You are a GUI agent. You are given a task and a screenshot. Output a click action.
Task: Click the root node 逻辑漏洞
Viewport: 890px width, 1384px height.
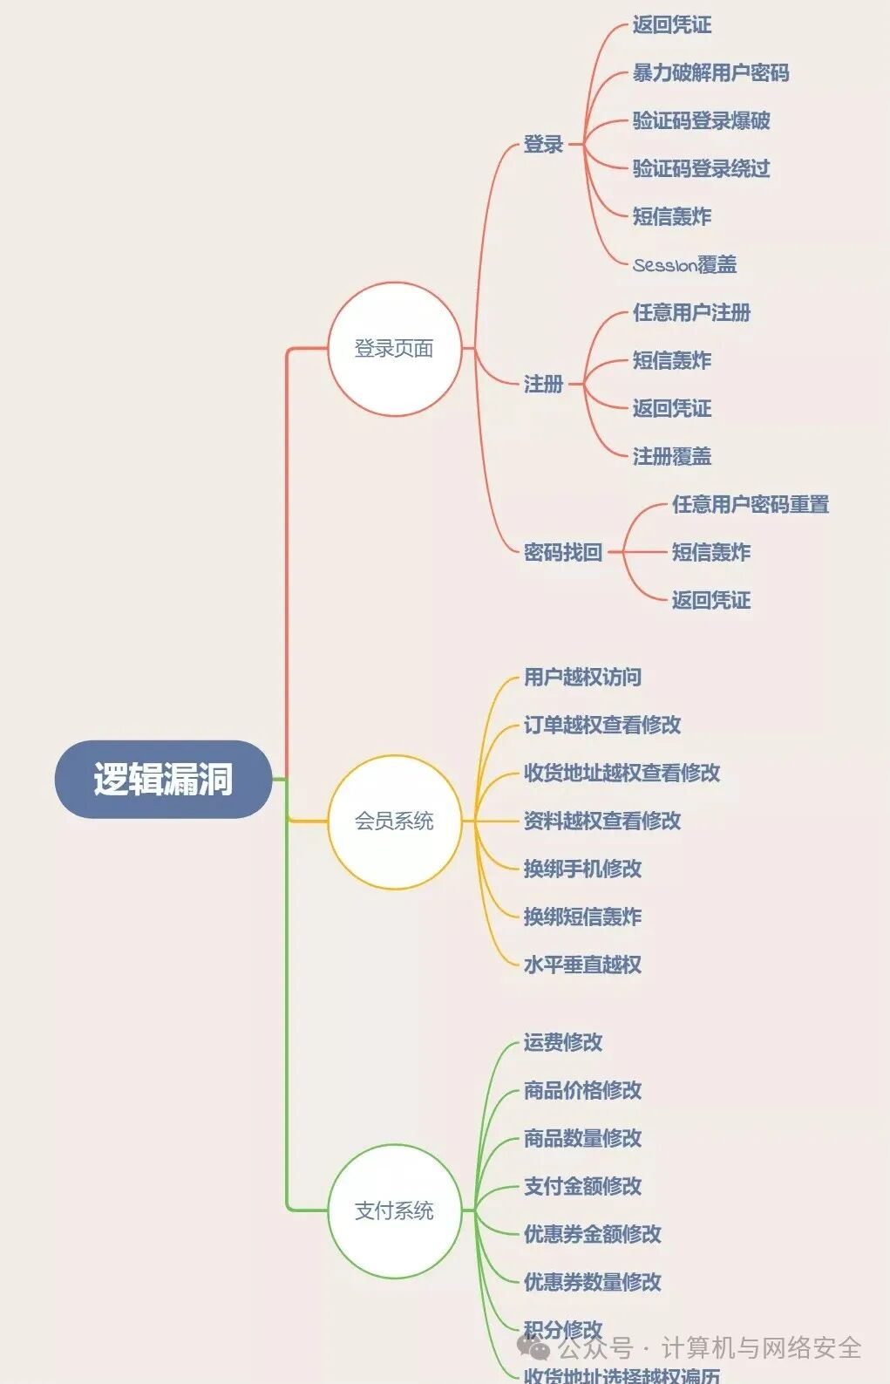pos(163,779)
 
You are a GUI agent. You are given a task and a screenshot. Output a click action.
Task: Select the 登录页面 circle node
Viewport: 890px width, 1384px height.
pos(394,349)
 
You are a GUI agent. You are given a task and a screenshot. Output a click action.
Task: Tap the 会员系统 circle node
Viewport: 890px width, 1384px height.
pos(394,822)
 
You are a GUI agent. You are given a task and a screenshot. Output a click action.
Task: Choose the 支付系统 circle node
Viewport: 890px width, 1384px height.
pos(394,1210)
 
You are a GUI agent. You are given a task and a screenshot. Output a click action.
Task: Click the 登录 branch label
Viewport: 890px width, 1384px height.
pos(543,145)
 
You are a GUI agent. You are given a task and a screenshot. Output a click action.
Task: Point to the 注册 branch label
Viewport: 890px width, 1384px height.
pos(543,384)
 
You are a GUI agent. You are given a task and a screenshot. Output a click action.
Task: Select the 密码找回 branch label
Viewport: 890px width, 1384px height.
pos(563,552)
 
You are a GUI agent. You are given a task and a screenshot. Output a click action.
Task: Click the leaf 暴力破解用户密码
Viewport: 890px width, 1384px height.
pos(710,73)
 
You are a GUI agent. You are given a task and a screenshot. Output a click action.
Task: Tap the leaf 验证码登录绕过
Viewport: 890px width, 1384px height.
pos(701,169)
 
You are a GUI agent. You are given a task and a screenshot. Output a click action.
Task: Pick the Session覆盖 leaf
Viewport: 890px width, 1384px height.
pos(684,265)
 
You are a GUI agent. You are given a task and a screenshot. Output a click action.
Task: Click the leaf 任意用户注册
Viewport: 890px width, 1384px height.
pos(691,313)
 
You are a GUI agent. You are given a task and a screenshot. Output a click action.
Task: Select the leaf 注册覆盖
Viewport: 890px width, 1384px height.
pos(671,456)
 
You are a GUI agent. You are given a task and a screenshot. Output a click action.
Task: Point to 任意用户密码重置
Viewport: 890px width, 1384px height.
pos(750,504)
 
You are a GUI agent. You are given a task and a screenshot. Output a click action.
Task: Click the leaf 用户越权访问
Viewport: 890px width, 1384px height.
pos(582,678)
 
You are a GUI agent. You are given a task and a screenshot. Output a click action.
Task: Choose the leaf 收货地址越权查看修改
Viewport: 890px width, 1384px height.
pos(622,773)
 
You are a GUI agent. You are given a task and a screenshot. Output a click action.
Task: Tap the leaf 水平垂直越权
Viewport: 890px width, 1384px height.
pos(582,965)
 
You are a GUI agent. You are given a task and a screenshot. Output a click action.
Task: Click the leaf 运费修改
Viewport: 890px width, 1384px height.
pos(563,1042)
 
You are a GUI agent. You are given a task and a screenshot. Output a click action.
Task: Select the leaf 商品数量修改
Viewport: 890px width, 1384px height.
pos(582,1138)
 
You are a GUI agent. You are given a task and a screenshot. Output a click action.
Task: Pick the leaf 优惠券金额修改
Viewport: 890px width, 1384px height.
pos(593,1234)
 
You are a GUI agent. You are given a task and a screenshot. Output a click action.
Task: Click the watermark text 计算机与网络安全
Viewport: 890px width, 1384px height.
pos(761,1348)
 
